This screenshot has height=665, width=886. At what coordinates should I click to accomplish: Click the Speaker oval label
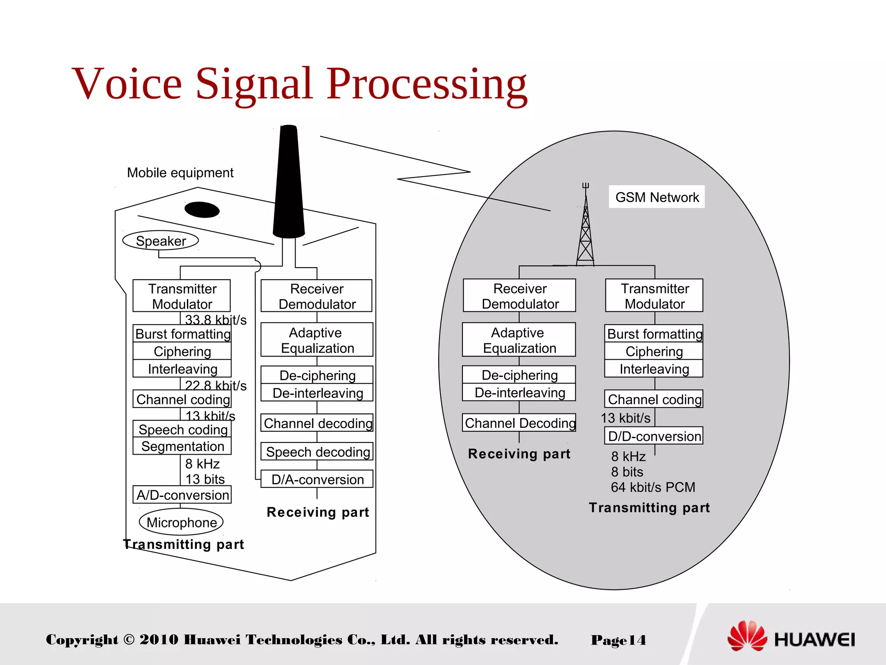(x=161, y=241)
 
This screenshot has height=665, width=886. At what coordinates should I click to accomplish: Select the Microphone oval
(x=181, y=522)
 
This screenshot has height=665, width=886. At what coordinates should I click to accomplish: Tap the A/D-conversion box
(x=182, y=495)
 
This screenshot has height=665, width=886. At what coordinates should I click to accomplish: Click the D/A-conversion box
(x=317, y=479)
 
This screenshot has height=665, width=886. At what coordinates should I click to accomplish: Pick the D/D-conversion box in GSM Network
(x=654, y=436)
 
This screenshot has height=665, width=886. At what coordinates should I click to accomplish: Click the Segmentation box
(x=182, y=446)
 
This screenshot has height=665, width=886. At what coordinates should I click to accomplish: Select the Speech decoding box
(x=317, y=452)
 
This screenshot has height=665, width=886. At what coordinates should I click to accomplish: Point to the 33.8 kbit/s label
(x=215, y=320)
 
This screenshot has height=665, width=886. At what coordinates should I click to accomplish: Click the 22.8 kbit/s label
(x=215, y=385)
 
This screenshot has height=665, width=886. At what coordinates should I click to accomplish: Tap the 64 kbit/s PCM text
(x=652, y=487)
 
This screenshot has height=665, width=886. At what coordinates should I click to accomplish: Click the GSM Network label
(x=657, y=197)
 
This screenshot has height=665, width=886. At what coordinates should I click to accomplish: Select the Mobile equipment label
(x=180, y=173)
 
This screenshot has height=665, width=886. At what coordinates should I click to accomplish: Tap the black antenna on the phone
(x=289, y=182)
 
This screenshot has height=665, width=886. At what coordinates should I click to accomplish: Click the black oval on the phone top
(x=202, y=210)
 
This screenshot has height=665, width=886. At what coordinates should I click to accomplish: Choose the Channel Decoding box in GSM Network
(x=520, y=423)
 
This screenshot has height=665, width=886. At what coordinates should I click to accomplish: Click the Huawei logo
(x=791, y=637)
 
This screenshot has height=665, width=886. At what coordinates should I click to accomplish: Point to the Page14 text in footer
(x=618, y=640)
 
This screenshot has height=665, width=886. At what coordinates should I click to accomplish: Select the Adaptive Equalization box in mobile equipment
(x=317, y=340)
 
